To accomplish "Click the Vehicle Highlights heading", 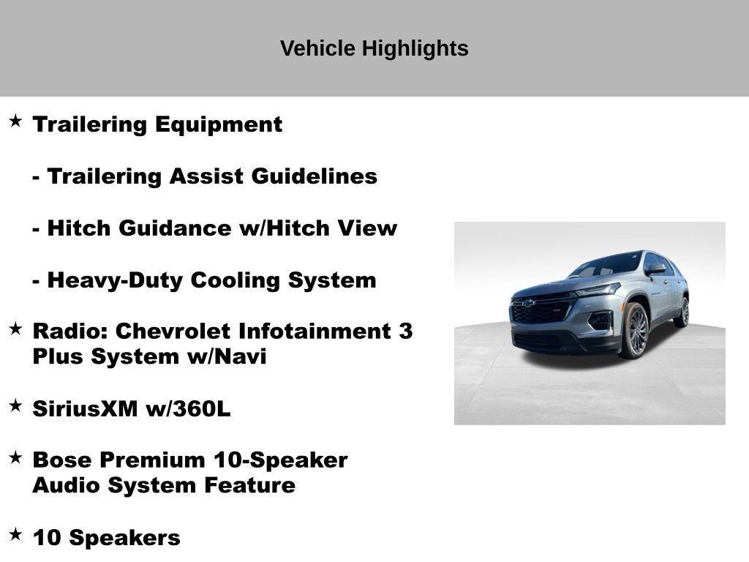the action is (374, 48).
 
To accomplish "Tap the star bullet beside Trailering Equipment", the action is (15, 121).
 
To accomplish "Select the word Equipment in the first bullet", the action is (218, 124).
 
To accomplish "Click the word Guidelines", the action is (315, 176).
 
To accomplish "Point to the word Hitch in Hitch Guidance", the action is (79, 228).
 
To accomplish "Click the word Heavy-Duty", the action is (115, 280).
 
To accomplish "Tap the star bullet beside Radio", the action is (15, 329).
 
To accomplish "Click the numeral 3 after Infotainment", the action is (406, 331).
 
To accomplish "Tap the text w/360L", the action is (188, 408).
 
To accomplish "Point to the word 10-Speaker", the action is (280, 460).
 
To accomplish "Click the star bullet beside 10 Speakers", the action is (15, 535).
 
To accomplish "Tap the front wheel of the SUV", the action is (634, 330).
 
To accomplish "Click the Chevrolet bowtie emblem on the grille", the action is (527, 303).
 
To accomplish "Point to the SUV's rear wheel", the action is (683, 312).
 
